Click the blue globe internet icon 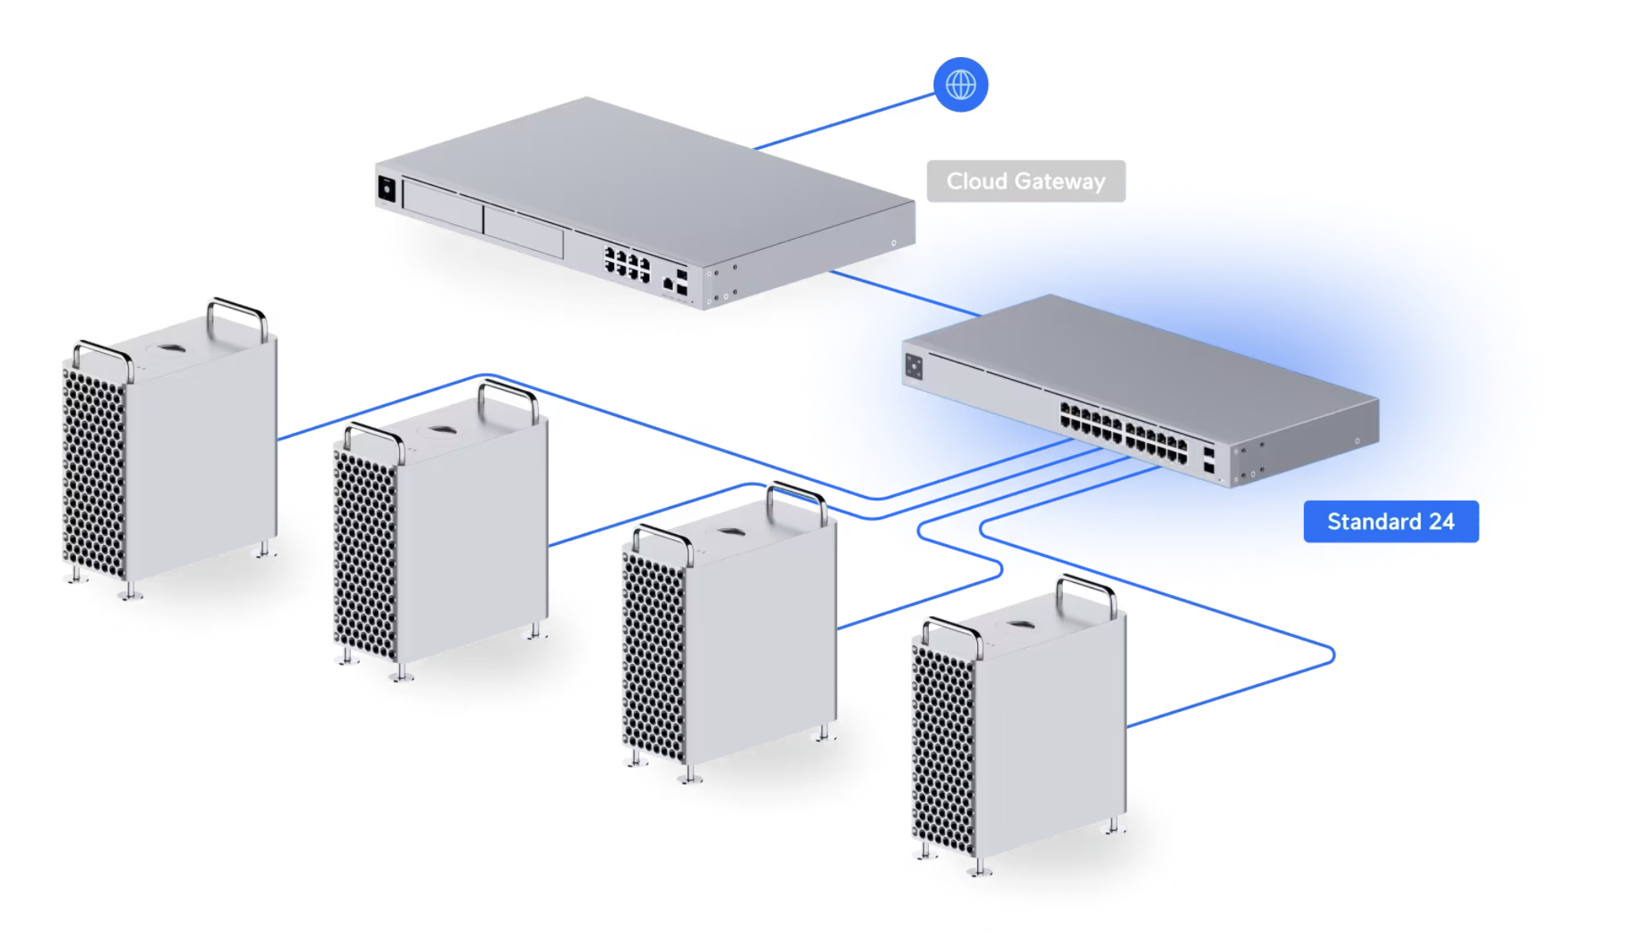click(961, 85)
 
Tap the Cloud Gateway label click(1026, 181)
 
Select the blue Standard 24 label click(1391, 521)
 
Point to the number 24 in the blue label click(1441, 521)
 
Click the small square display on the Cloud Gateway click(386, 189)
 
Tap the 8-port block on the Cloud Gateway click(627, 264)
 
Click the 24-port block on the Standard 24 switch click(1124, 432)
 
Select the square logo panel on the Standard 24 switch click(914, 366)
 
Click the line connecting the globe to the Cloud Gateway click(844, 121)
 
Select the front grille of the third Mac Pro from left click(654, 657)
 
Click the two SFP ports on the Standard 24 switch click(1209, 460)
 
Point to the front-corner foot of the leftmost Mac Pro click(131, 592)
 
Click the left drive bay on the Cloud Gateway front click(442, 206)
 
